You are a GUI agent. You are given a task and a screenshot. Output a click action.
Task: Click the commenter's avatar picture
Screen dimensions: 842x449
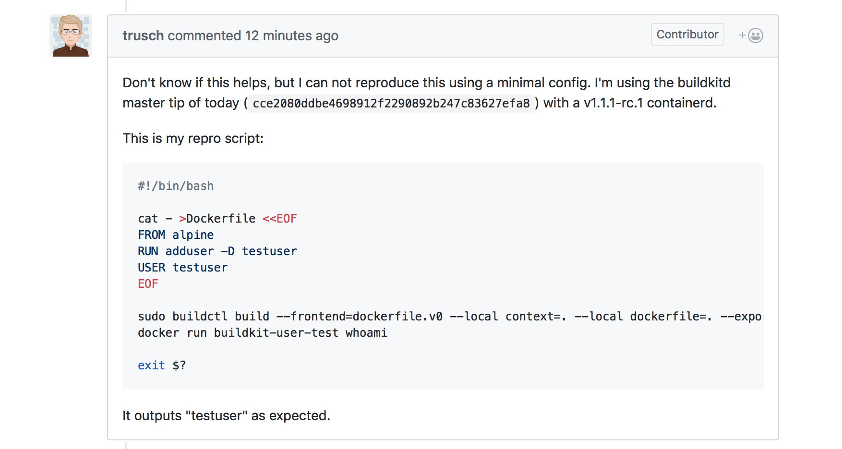coord(71,36)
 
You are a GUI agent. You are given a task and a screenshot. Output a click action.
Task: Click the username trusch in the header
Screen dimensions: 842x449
coord(143,36)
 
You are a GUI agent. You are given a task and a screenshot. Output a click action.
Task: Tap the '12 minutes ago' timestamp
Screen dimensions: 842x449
coord(291,36)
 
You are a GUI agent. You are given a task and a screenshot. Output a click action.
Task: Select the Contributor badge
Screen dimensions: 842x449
coord(687,35)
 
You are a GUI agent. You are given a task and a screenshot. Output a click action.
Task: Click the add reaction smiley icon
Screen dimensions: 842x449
coord(755,35)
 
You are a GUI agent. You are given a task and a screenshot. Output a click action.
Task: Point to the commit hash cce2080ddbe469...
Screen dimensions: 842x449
coord(391,104)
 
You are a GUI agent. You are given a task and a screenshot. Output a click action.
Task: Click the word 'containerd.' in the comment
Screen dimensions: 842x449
coord(681,103)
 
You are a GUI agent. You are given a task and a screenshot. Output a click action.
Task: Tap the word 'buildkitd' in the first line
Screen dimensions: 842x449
coord(703,83)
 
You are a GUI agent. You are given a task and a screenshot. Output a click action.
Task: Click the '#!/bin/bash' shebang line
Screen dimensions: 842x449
coord(176,186)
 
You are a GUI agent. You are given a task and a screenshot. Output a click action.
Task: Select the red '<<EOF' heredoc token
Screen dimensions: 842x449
coord(279,219)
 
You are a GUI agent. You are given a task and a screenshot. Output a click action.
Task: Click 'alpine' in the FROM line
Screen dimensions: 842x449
coord(193,235)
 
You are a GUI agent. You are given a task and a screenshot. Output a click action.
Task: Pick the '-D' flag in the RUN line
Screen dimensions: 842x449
coord(228,251)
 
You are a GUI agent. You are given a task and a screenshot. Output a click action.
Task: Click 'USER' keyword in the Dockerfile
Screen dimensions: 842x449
coord(151,268)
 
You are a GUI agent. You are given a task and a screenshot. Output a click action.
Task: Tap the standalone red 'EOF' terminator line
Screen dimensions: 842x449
coord(148,284)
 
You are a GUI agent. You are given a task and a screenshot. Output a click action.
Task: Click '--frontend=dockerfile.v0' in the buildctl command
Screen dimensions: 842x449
coord(360,317)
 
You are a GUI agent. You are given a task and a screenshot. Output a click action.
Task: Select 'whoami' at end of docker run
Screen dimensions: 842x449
coord(366,333)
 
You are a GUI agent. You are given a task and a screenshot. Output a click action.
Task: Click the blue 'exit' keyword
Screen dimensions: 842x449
coord(151,366)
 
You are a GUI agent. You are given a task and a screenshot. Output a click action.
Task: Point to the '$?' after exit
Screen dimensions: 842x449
coord(179,366)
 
